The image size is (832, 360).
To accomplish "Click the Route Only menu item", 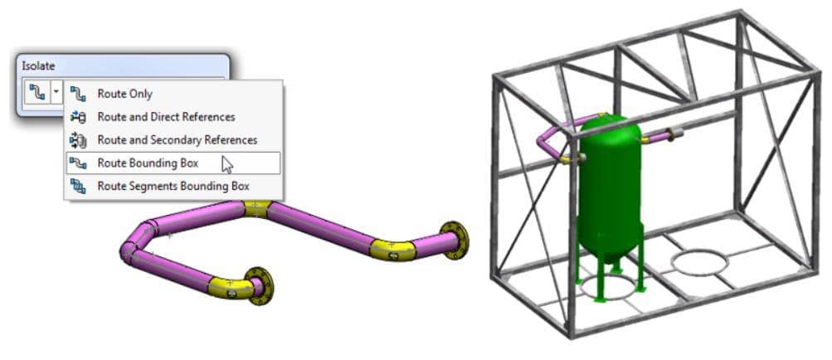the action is click(x=124, y=94).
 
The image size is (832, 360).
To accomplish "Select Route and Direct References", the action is click(x=166, y=117).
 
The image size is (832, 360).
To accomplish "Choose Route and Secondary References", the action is click(x=178, y=140).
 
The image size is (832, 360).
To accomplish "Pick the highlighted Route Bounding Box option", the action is click(x=173, y=163).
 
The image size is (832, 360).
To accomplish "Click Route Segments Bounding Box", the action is click(x=173, y=187).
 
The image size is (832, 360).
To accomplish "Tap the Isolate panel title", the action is click(x=38, y=66).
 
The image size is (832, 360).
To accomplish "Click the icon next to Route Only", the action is click(x=78, y=94).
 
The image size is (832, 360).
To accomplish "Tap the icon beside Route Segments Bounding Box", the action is click(x=78, y=186).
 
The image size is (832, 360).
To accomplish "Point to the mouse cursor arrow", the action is click(x=227, y=164).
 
